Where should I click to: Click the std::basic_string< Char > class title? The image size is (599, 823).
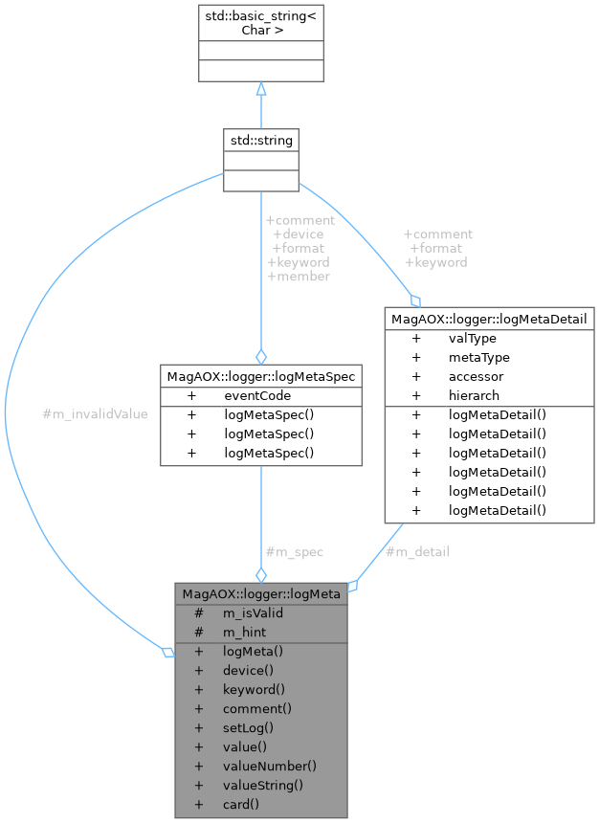260,24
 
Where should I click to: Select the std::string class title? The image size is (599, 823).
260,141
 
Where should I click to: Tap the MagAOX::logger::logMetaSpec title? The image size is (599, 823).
260,376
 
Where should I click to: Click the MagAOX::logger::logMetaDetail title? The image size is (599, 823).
489,319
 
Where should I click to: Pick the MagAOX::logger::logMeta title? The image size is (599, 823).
260,594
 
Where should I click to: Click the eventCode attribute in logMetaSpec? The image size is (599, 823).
257,395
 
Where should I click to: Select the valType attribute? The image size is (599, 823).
472,338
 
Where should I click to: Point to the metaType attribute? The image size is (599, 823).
478,357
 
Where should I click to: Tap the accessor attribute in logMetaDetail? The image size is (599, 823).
476,376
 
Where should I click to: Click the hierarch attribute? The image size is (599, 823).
474,395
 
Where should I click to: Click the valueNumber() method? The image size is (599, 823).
269,766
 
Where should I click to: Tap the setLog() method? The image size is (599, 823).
247,727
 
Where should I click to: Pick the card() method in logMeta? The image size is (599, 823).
240,804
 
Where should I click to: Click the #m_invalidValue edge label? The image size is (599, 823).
96,414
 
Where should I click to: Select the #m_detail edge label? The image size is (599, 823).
417,552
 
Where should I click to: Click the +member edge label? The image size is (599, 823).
298,277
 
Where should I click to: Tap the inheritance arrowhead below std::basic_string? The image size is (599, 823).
260,90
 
